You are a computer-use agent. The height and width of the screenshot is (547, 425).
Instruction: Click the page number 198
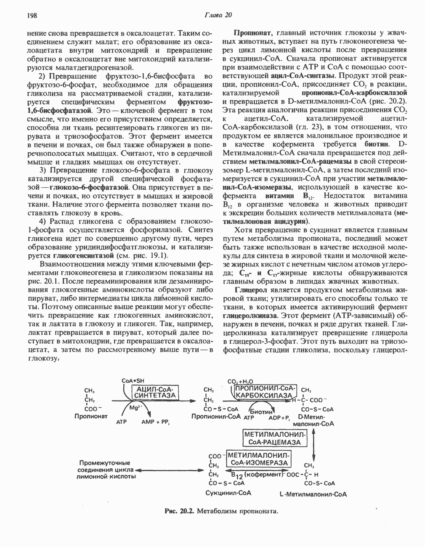coord(32,16)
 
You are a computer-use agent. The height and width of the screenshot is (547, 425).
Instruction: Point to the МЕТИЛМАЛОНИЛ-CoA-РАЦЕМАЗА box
coord(275,438)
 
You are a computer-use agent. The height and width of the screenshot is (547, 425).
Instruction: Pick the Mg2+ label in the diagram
coord(135,408)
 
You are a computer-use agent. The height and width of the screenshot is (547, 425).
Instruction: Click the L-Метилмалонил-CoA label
coord(313,494)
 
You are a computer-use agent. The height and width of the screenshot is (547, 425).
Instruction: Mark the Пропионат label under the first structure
coord(91,416)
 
